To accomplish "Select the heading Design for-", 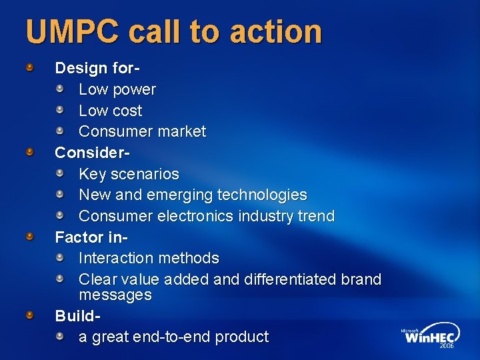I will pos(97,68).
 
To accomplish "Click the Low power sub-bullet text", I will pos(117,89).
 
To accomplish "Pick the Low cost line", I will pos(111,111).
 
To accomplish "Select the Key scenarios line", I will pos(129,174).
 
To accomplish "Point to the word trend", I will pos(315,217).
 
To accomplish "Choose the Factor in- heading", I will pos(91,237).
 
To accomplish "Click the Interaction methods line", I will pos(149,258).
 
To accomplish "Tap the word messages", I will pos(115,295).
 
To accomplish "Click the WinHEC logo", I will pos(430,338).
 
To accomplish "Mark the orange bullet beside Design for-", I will pos(31,67).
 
